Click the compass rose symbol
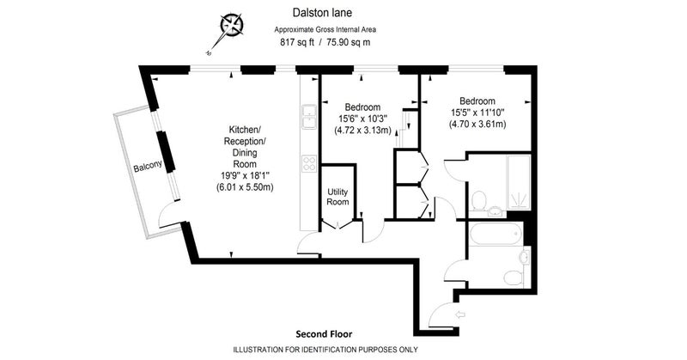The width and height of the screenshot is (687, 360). (231, 24)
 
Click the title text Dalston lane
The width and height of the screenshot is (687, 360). (322, 13)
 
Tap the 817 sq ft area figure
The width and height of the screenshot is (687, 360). (296, 43)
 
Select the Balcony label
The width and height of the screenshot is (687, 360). (148, 166)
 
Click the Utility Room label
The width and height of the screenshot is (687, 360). (337, 197)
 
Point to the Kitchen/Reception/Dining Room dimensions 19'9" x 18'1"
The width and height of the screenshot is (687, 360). (245, 176)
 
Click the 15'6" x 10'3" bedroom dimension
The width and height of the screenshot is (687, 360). (362, 119)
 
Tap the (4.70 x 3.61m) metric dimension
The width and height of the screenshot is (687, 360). (477, 124)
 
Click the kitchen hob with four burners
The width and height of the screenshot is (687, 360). (309, 163)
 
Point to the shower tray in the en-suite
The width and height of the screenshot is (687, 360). (519, 181)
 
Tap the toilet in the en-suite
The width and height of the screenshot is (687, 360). (478, 200)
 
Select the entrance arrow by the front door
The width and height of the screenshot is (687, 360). (460, 314)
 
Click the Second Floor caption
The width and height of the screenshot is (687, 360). (324, 334)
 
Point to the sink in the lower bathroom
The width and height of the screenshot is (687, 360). (524, 257)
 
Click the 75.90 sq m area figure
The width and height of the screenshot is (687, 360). (349, 43)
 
